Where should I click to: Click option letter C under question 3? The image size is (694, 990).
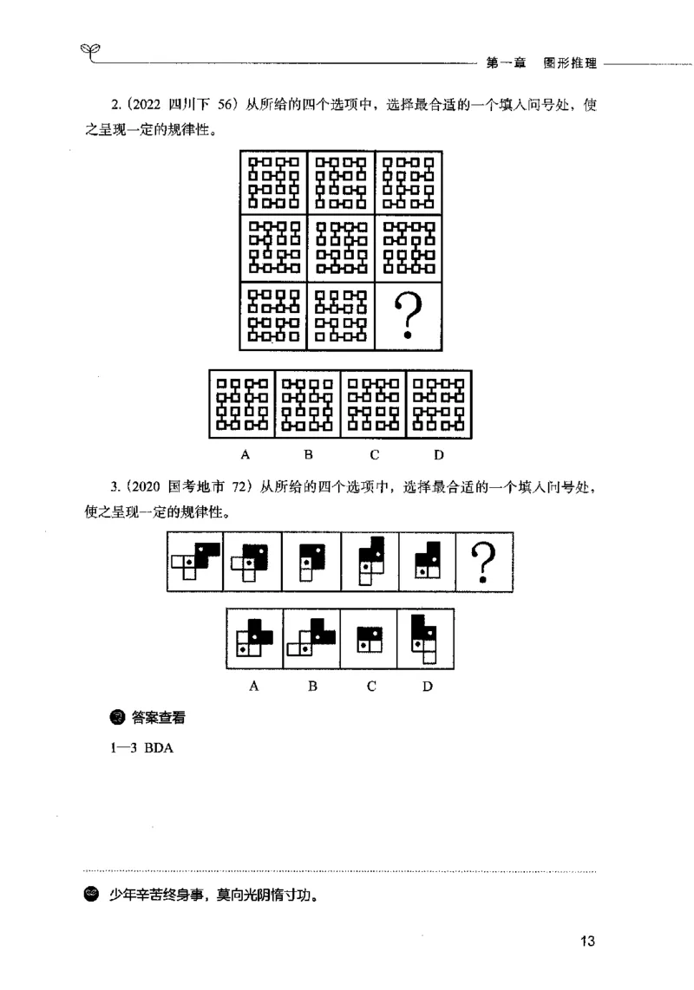point(370,686)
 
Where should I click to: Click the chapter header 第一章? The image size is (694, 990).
point(505,63)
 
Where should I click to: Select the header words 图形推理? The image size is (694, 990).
point(566,63)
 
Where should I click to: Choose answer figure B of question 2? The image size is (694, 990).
point(308,404)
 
